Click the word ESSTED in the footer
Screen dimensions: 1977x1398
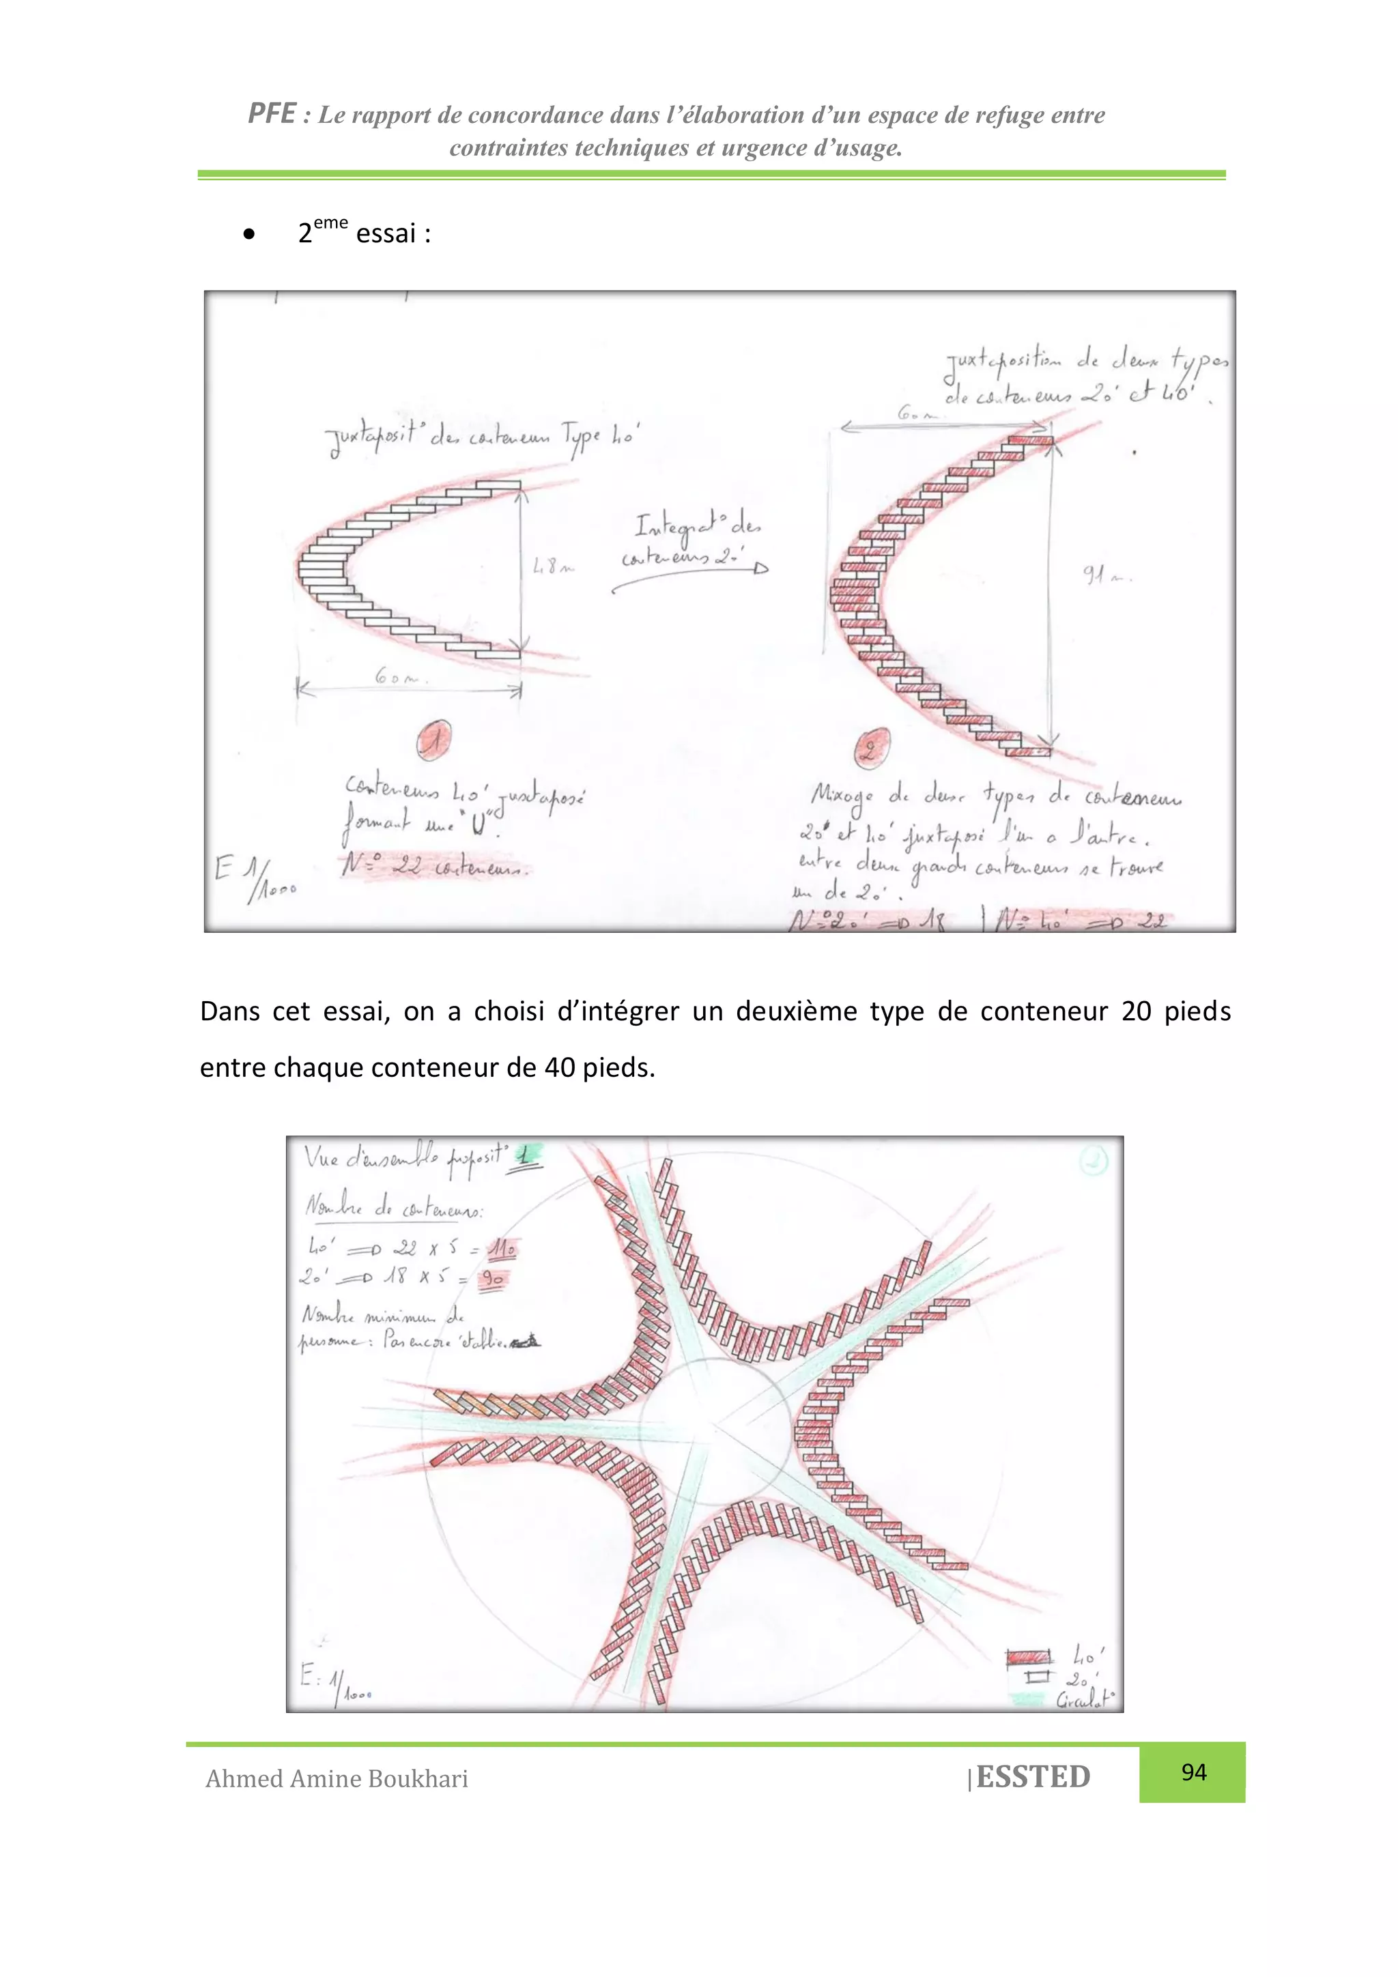[x=1033, y=1776]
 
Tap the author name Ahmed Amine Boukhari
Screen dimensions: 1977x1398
[x=337, y=1778]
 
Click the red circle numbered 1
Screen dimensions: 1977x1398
[x=435, y=740]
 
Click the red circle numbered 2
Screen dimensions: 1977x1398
[x=872, y=747]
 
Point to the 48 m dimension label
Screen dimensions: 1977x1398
[x=552, y=566]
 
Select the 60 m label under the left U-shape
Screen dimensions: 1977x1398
[x=397, y=677]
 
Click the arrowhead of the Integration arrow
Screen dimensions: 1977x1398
[x=760, y=568]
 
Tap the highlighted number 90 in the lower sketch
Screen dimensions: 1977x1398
[x=492, y=1279]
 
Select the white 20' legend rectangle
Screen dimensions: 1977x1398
[x=1037, y=1677]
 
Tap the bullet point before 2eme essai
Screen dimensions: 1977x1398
[x=249, y=233]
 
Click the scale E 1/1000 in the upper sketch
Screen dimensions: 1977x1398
[x=254, y=878]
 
